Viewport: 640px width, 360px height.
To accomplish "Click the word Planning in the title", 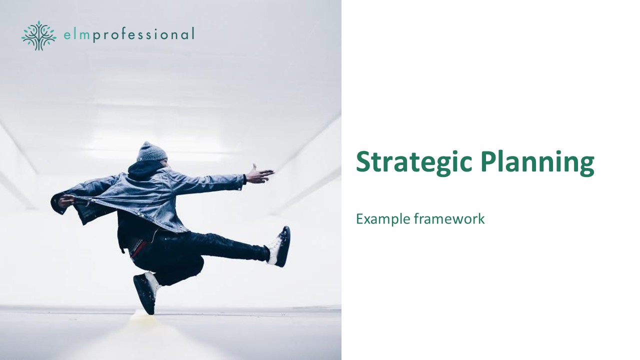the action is [x=537, y=162].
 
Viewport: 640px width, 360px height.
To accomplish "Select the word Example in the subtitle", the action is [x=383, y=219].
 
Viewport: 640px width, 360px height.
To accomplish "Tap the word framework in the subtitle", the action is [x=449, y=219].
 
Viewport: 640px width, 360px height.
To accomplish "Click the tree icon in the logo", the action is [x=39, y=35].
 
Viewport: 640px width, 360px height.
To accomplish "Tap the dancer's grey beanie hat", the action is [x=151, y=151].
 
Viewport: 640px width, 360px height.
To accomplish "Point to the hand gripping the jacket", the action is [x=66, y=201].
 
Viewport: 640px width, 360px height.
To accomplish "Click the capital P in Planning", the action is [x=489, y=161].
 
